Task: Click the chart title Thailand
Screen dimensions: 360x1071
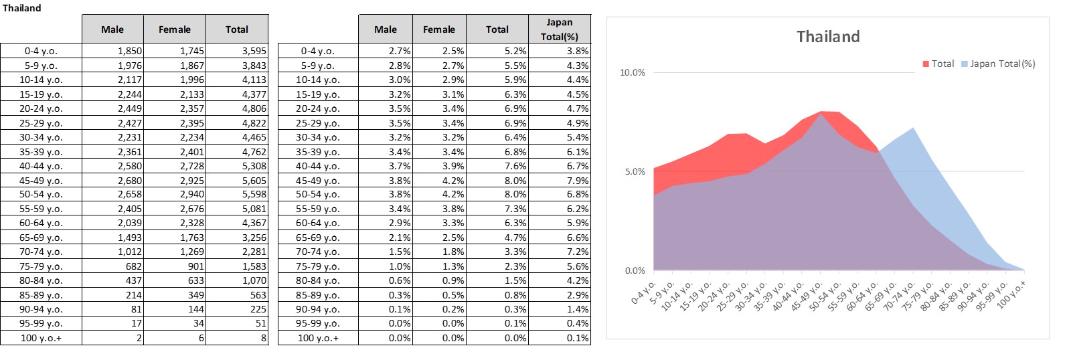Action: coord(827,37)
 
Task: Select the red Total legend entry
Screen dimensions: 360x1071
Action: coord(938,64)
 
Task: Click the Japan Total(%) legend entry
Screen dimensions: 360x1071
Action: coord(998,64)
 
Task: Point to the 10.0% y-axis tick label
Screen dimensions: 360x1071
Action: coord(633,72)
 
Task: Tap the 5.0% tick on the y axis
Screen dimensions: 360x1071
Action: coord(635,171)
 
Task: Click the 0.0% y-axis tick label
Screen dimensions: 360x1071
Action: coord(635,270)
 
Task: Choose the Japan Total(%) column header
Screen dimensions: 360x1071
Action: coord(559,29)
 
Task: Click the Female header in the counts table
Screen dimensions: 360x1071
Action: coord(175,29)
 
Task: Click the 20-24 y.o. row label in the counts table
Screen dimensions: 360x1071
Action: coord(41,108)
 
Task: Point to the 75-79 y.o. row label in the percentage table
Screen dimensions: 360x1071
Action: coord(317,266)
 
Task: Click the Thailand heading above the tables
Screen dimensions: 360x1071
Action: coord(22,8)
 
